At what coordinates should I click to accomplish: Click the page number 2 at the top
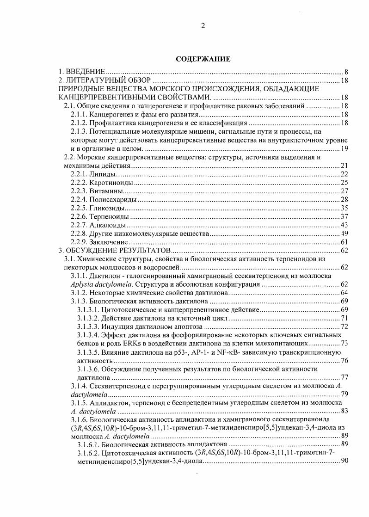coord(203,25)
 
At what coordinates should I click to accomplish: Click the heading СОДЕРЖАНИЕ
coord(203,59)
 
